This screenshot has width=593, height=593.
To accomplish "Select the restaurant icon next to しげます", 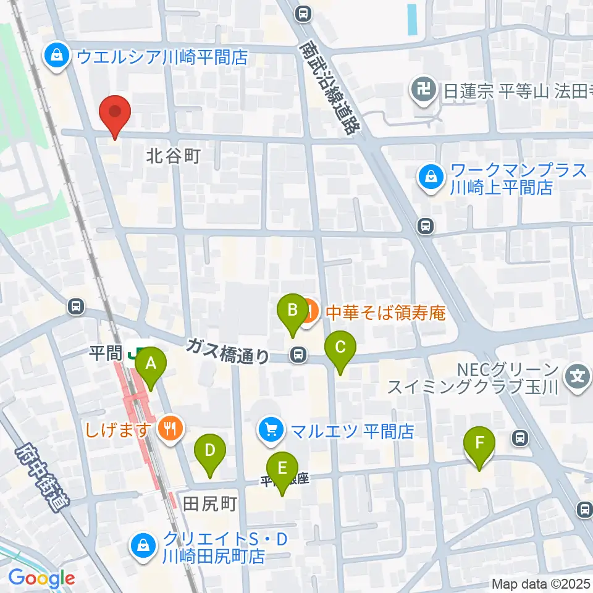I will [x=169, y=427].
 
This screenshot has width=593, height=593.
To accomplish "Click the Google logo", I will [x=42, y=579].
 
